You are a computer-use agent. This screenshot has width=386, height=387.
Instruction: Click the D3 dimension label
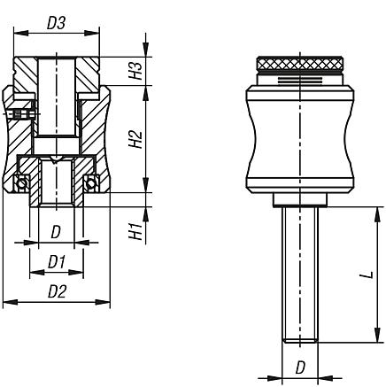pyautogui.click(x=56, y=23)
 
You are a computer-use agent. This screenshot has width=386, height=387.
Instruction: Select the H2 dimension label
pyautogui.click(x=135, y=139)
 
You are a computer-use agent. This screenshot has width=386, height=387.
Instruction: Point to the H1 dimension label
pyautogui.click(x=135, y=231)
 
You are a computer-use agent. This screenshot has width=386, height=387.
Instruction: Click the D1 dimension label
pyautogui.click(x=57, y=262)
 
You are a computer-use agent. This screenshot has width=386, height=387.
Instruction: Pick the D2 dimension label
pyautogui.click(x=57, y=292)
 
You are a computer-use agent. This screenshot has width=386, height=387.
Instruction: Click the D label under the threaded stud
pyautogui.click(x=300, y=368)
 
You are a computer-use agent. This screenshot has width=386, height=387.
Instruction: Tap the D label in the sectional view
pyautogui.click(x=56, y=232)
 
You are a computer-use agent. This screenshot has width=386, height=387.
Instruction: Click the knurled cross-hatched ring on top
pyautogui.click(x=300, y=63)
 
